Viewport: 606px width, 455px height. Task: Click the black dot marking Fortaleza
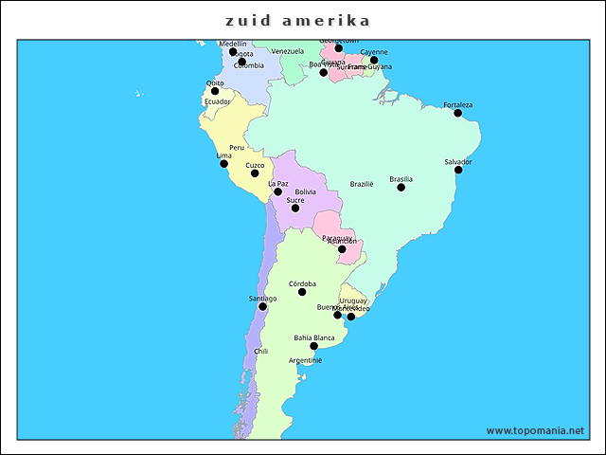tap(458, 114)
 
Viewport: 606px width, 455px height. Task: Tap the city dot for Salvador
tap(458, 170)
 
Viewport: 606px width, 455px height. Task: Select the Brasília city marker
tap(401, 188)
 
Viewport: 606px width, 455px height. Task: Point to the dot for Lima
tap(223, 164)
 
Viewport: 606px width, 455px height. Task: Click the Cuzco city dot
tap(255, 173)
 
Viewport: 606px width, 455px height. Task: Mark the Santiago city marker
tap(262, 307)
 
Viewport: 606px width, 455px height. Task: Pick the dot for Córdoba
tap(302, 292)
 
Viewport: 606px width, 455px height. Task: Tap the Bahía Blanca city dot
tap(313, 346)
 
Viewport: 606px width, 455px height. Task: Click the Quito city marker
tap(215, 92)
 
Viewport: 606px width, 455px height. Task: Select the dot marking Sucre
tap(295, 209)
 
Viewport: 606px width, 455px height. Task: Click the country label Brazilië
tap(362, 184)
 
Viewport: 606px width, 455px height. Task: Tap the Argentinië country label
tap(306, 360)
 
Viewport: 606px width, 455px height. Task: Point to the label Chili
tap(260, 351)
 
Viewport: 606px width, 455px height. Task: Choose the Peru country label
tap(237, 148)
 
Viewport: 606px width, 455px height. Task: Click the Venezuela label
tap(287, 51)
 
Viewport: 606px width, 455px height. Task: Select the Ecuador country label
tap(217, 101)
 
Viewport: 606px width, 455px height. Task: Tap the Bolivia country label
tap(305, 191)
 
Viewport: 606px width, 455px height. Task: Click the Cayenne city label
tap(374, 52)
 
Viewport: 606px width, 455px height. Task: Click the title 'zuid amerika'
tap(298, 20)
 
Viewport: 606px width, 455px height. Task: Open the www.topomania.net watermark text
tap(535, 430)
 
